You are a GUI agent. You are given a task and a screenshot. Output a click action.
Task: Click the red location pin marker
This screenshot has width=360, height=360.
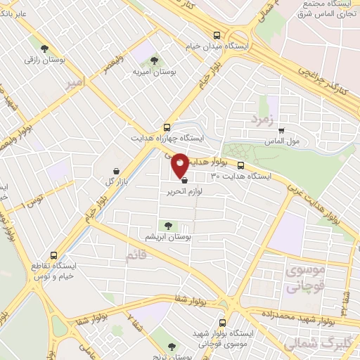point(180,165)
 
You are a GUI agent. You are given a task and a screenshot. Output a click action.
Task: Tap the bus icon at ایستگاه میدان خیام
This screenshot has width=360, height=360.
point(217,35)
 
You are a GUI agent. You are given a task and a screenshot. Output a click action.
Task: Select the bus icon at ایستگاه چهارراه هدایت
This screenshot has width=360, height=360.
point(167,127)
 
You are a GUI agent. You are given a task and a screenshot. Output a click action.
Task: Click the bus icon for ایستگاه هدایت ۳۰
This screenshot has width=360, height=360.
point(241,166)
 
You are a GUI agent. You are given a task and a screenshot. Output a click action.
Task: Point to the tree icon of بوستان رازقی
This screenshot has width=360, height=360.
point(44,49)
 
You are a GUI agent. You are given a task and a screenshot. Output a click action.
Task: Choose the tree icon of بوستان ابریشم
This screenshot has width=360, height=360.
point(167,226)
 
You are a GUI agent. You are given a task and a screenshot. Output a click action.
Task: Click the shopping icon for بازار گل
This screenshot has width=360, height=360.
point(117,171)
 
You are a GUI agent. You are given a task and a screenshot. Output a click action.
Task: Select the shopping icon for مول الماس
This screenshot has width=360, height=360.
point(281,130)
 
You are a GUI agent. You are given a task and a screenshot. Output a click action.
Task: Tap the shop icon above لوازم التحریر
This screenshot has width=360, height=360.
point(184,180)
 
